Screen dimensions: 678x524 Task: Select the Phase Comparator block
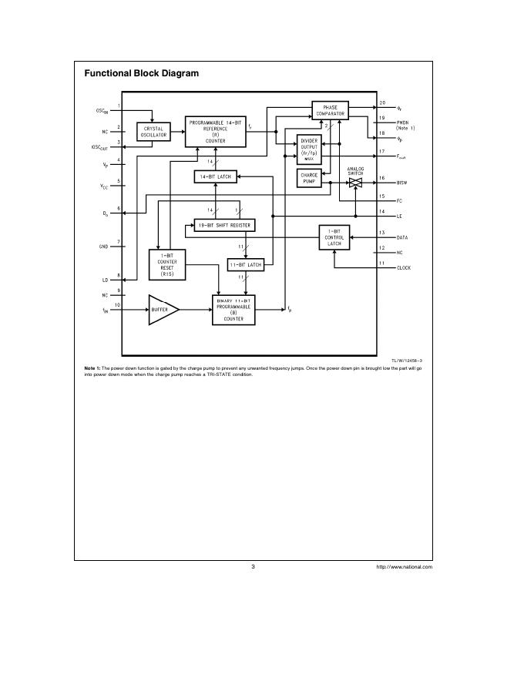coord(330,110)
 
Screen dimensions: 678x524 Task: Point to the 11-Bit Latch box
coord(245,264)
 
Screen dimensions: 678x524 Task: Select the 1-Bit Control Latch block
coord(334,237)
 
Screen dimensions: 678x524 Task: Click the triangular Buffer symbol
coord(162,309)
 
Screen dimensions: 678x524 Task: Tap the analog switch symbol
coord(355,182)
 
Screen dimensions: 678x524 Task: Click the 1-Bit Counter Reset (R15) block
coord(167,264)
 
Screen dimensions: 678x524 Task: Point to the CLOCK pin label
coord(404,267)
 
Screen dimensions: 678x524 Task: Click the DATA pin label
coord(402,237)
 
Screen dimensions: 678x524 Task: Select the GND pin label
coord(102,247)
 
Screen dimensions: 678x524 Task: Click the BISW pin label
coord(402,183)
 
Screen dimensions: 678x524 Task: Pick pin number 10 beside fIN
coord(118,304)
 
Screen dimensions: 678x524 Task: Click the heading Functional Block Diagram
coord(141,73)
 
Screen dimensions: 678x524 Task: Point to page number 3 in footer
coord(253,566)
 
